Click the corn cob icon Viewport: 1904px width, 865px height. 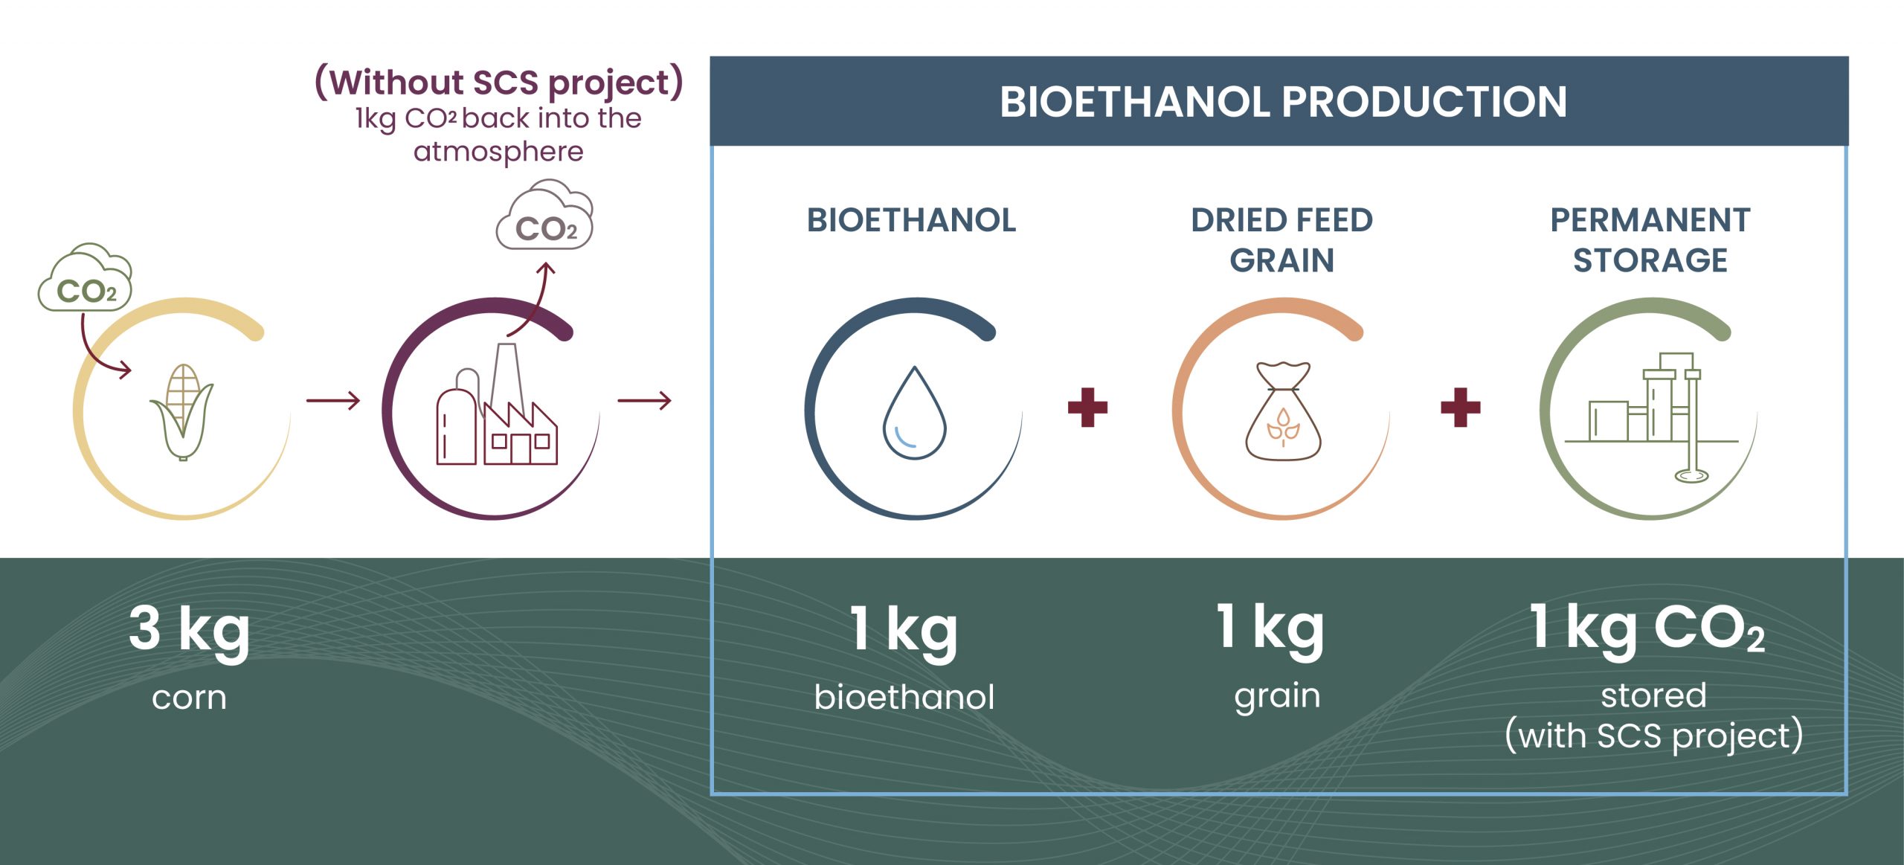coord(182,412)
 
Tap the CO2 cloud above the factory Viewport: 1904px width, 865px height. coord(544,215)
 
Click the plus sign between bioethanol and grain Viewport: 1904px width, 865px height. coord(1087,408)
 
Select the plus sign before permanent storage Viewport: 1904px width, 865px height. coord(1461,408)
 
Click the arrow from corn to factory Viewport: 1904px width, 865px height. coord(333,401)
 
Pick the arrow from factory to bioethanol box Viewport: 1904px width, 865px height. coord(644,401)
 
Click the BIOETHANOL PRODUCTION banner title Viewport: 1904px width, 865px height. coord(1283,102)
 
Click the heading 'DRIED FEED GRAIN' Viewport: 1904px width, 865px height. coord(1282,239)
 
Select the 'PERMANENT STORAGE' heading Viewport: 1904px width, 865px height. coord(1650,239)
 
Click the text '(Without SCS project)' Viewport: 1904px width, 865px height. coord(499,83)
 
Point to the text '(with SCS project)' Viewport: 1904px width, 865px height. coord(1654,736)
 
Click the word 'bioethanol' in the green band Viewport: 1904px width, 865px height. coord(904,697)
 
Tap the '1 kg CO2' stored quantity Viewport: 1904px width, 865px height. coord(1647,629)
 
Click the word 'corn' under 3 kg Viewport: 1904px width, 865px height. coord(189,698)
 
